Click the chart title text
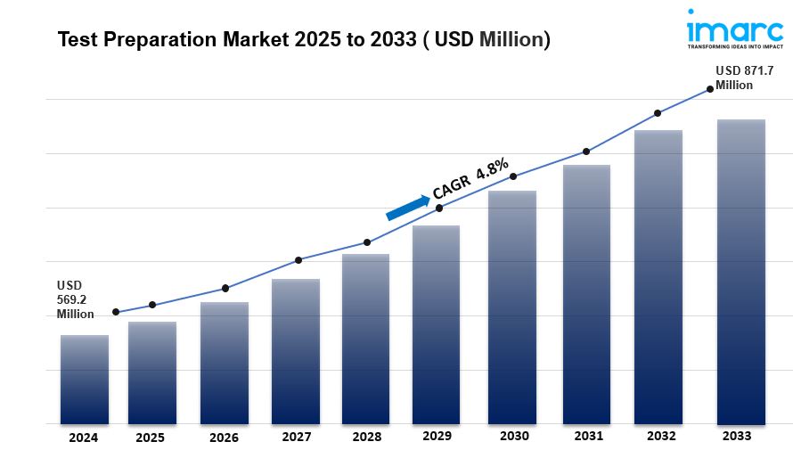(x=304, y=40)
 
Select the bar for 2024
(x=85, y=380)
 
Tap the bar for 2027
(x=296, y=352)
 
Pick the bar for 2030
(x=512, y=307)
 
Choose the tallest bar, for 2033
(x=741, y=272)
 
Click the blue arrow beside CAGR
(x=407, y=207)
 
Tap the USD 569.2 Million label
(x=76, y=299)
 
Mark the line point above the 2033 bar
(x=710, y=88)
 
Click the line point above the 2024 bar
(x=116, y=312)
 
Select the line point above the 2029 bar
(x=439, y=208)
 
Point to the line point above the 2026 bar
(x=225, y=288)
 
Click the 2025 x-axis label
(x=151, y=438)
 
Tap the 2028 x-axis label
(x=366, y=438)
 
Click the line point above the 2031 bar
(x=586, y=151)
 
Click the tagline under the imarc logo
(x=735, y=45)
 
